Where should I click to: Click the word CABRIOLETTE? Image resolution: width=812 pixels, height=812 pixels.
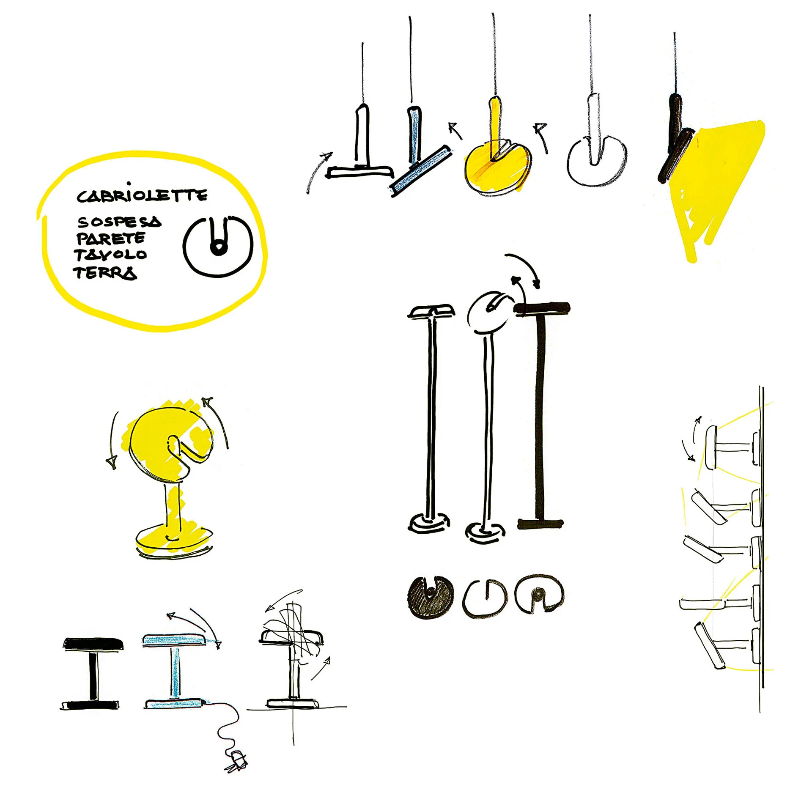(142, 194)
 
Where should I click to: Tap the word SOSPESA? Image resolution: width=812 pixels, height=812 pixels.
(119, 222)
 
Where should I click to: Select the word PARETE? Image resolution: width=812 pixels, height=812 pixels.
(111, 239)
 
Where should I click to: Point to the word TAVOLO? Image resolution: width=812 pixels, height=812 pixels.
(110, 255)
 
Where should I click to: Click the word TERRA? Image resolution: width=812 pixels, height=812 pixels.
(105, 273)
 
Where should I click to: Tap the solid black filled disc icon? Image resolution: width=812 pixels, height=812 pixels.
(430, 597)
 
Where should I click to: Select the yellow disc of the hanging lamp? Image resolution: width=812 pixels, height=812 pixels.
(497, 168)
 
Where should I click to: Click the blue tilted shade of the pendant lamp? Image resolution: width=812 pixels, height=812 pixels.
(420, 171)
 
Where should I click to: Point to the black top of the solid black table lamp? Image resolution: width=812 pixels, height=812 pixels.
(93, 644)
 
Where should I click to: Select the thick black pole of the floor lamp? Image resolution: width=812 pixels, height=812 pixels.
(540, 417)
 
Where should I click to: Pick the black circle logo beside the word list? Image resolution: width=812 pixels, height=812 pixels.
(218, 247)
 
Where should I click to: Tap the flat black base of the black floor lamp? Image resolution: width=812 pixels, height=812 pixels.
(540, 524)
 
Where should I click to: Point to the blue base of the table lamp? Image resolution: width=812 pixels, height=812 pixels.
(174, 704)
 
